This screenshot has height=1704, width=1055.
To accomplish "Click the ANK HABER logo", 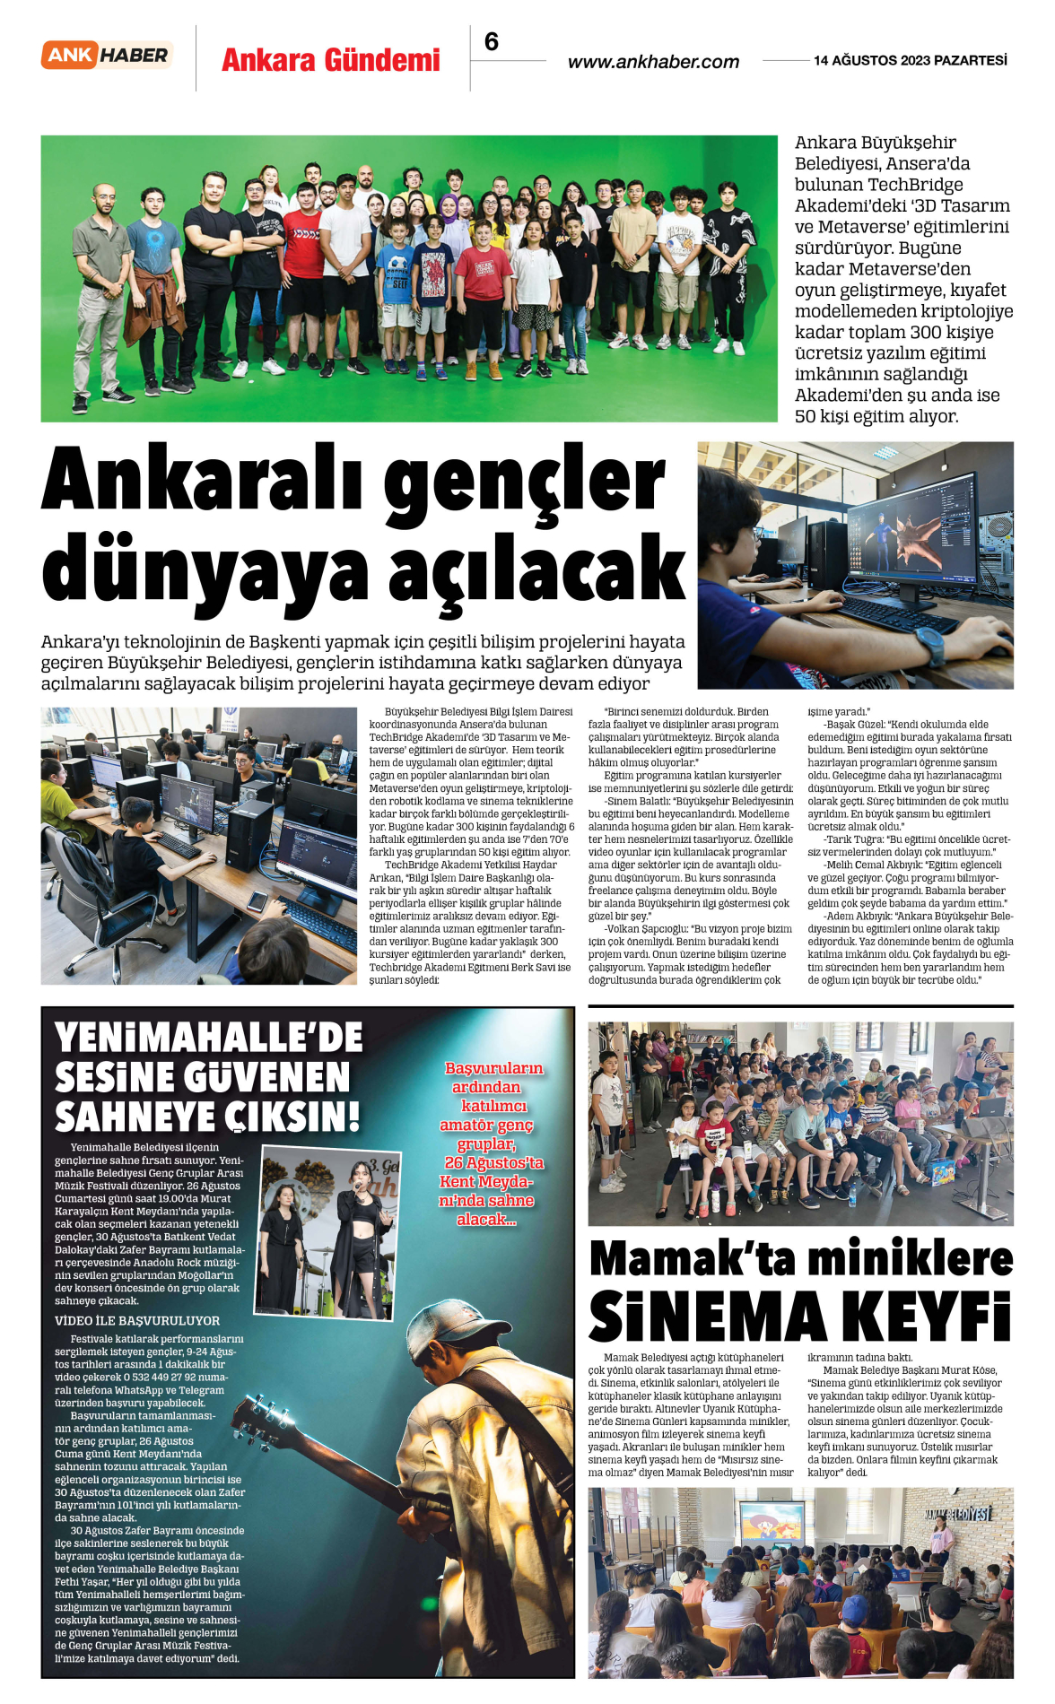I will click(x=107, y=56).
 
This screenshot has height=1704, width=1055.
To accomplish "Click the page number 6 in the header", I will click(x=491, y=42).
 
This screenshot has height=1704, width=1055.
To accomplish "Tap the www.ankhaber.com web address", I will click(x=653, y=62).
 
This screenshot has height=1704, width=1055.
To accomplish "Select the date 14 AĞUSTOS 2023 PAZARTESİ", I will click(x=910, y=60).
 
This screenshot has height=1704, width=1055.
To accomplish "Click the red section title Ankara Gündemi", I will click(x=330, y=60).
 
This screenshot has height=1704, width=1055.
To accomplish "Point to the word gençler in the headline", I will click(x=525, y=480).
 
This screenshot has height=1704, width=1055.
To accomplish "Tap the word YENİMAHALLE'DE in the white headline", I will click(x=208, y=1038).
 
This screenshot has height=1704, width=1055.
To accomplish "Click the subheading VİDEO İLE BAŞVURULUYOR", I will click(x=137, y=1320).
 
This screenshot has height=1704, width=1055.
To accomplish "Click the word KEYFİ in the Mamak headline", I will click(x=926, y=1317).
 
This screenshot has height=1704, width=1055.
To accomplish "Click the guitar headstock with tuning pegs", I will click(x=261, y=1423).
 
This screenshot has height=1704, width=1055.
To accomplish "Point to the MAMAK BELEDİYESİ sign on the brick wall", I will click(x=957, y=1515).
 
